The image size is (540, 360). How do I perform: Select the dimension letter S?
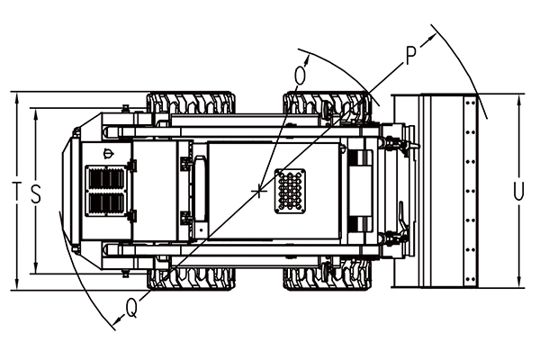(36, 193)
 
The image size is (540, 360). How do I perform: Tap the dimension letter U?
(518, 191)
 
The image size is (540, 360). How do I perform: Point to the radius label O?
(300, 76)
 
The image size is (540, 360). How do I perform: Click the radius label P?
(411, 56)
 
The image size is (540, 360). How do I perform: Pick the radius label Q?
(131, 308)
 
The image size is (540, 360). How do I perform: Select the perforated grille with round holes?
(290, 191)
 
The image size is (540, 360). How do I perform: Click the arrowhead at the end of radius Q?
(118, 320)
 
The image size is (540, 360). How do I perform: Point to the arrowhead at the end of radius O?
(307, 59)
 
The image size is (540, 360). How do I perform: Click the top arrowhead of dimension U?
(518, 99)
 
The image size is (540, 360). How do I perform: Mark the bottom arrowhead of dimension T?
(17, 284)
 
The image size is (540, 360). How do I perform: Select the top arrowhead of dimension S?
(36, 113)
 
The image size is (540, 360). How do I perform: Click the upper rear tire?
(192, 103)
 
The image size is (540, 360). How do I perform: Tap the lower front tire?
(328, 278)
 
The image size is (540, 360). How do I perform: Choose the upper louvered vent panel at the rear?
(106, 178)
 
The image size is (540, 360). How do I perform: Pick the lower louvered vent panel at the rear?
(106, 204)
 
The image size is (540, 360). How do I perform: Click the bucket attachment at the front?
(435, 191)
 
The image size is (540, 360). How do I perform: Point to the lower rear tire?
(192, 278)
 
